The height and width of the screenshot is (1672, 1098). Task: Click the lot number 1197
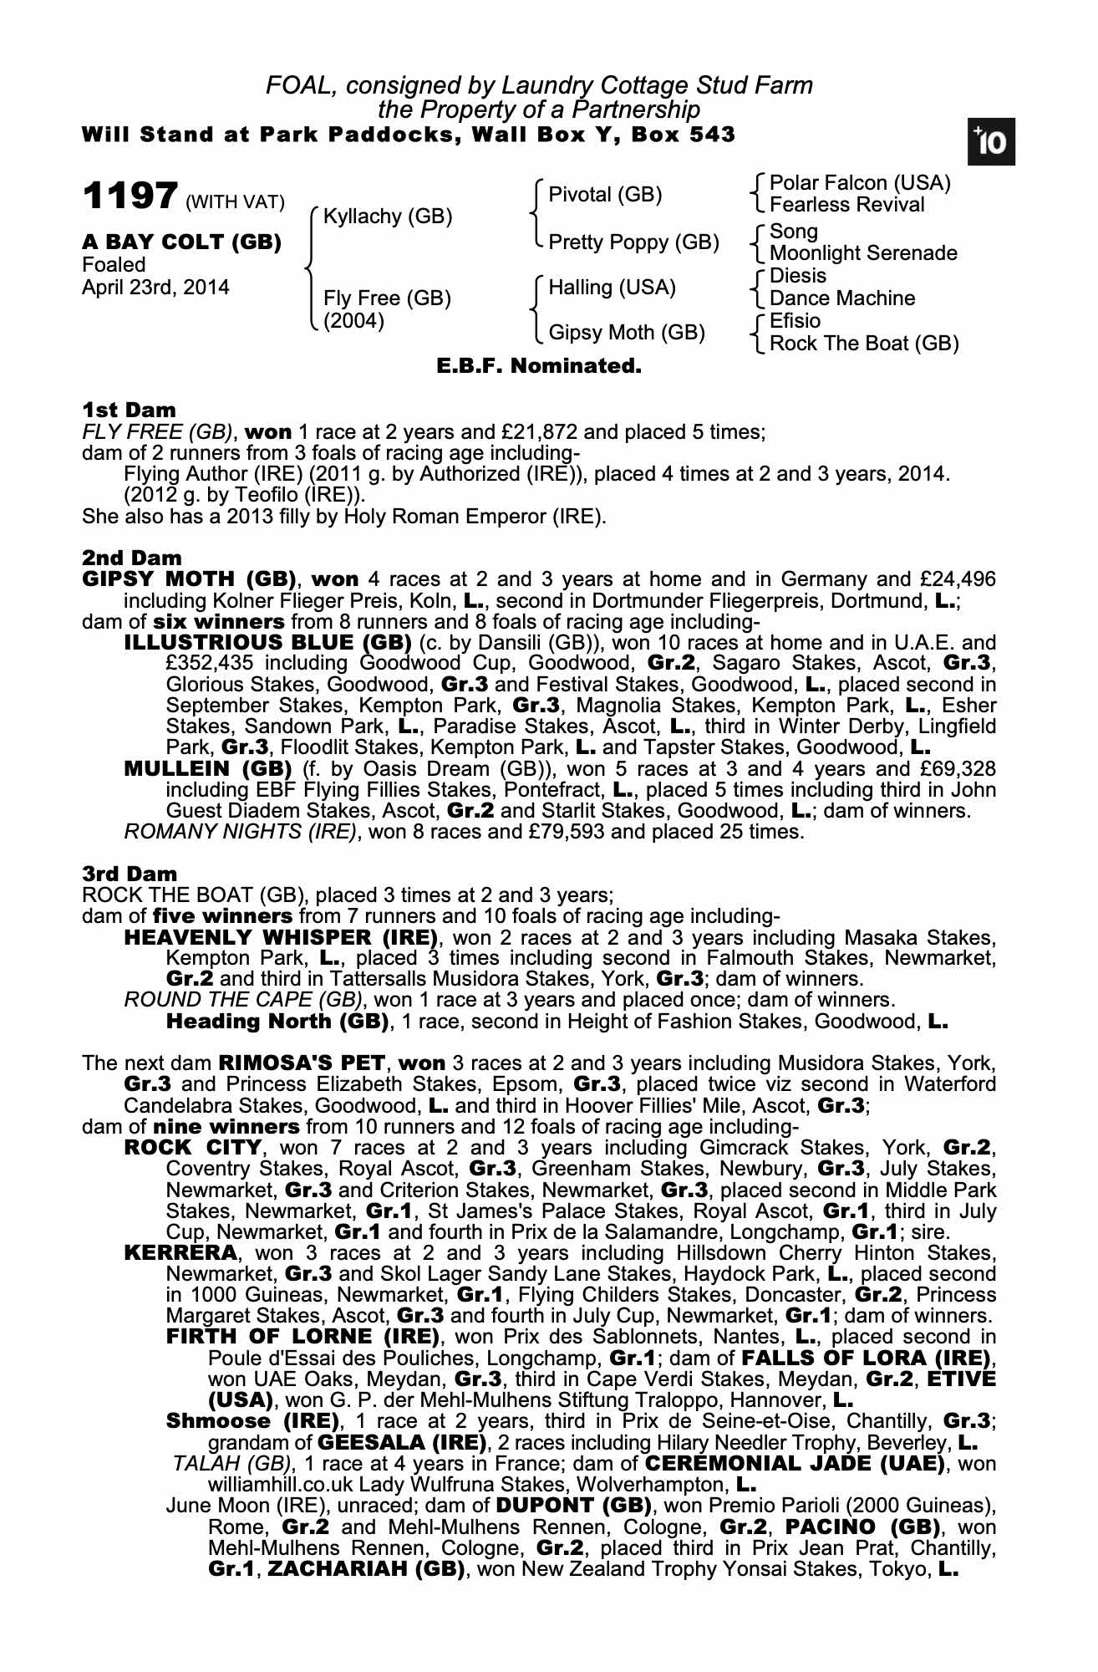click(130, 196)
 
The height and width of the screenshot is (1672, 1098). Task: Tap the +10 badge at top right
click(991, 143)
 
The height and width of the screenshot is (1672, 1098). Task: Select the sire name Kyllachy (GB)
click(388, 217)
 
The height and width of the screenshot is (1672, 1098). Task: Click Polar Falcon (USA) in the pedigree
click(860, 183)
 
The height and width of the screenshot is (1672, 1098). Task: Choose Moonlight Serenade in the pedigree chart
click(863, 253)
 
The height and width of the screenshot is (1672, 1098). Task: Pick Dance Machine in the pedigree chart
click(842, 298)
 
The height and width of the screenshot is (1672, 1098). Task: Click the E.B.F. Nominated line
click(539, 366)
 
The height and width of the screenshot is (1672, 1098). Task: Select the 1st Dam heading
click(130, 410)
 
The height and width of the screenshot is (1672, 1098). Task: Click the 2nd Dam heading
click(132, 558)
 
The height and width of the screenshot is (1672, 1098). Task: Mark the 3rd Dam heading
click(130, 874)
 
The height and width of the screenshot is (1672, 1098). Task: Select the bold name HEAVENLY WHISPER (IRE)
click(281, 937)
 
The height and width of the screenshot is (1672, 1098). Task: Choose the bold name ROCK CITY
click(192, 1148)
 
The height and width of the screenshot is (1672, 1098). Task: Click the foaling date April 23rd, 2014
click(155, 288)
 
